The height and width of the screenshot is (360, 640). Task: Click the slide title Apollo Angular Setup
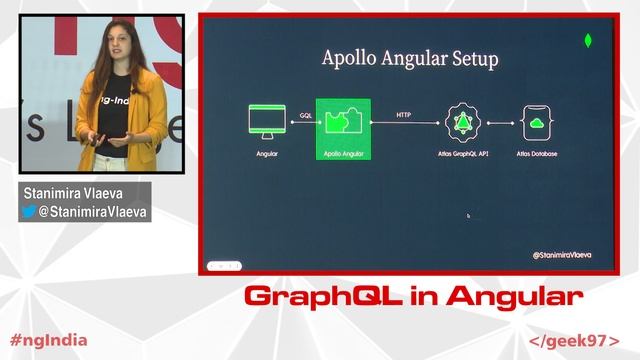point(409,58)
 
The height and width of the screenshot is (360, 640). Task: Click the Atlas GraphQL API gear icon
point(463,122)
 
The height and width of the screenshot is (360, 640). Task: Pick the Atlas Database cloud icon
point(537,122)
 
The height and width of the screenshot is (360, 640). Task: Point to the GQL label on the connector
point(304,115)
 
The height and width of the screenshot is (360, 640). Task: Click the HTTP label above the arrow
point(404,115)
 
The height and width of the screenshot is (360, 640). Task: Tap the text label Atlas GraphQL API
point(463,155)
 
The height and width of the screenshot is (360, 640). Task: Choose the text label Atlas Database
point(537,155)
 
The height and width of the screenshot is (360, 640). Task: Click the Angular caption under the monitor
point(267,155)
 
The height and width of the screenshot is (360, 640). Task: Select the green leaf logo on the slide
point(588,42)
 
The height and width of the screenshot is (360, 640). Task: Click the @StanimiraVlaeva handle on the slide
point(562,256)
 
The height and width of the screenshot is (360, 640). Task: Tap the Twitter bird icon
point(29,212)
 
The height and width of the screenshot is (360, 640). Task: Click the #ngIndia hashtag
point(48,339)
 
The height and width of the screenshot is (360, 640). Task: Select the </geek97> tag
point(574,340)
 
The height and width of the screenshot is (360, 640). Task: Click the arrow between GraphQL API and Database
point(500,122)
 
